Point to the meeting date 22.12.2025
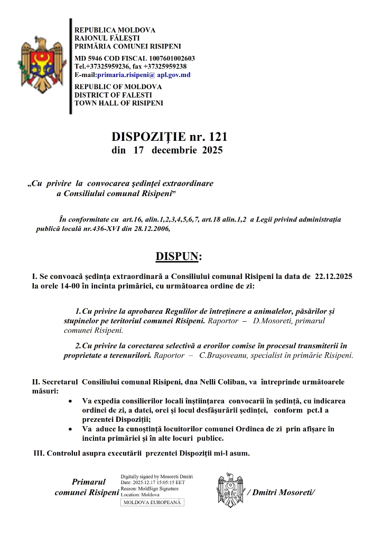[334, 277]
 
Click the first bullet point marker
[71, 401]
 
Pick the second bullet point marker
[71, 430]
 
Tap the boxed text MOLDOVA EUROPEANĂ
[152, 503]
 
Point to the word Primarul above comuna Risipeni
[89, 481]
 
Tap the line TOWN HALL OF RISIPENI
[119, 103]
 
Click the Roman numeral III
[39, 454]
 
